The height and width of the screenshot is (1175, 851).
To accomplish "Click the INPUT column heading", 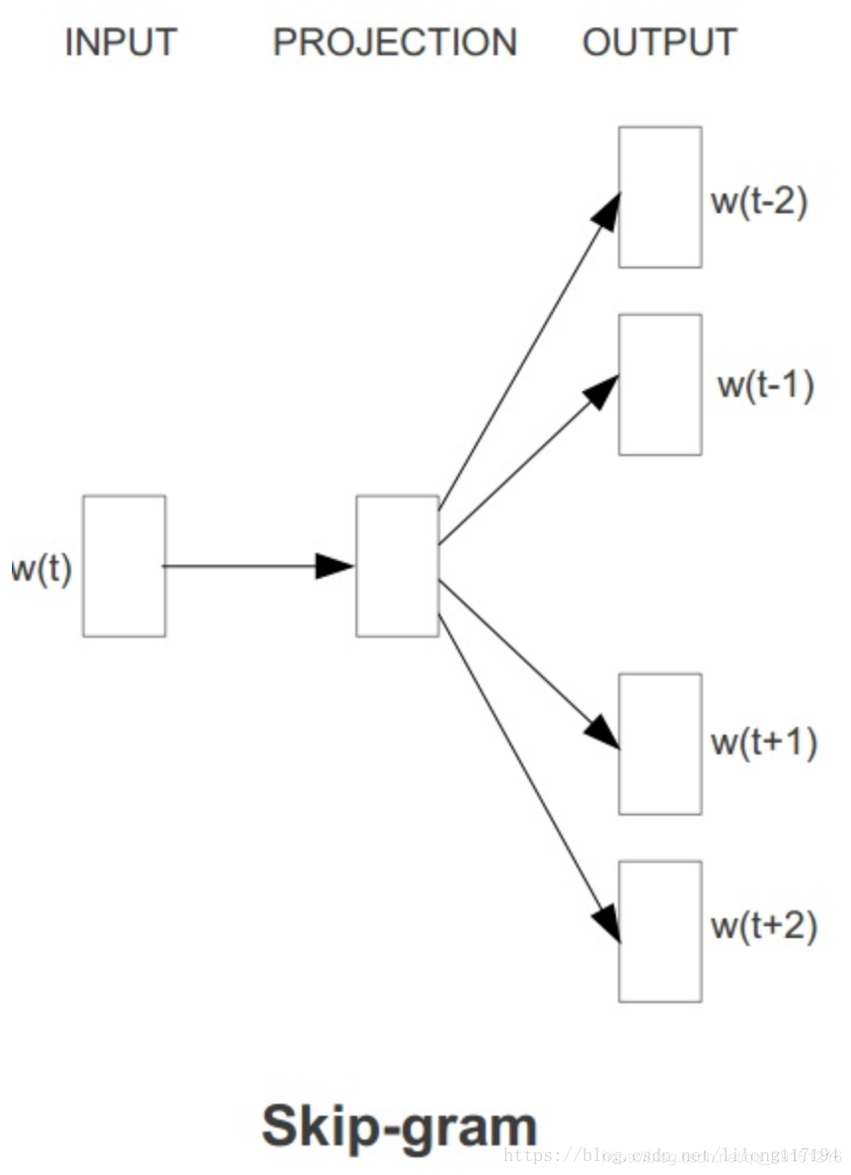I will (120, 42).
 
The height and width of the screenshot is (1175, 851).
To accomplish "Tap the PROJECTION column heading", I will (395, 42).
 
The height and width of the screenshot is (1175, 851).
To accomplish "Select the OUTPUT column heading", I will (659, 42).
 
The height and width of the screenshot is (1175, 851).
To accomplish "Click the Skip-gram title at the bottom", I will (399, 1127).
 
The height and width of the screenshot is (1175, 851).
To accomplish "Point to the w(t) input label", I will (41, 570).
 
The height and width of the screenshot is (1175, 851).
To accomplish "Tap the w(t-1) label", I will (765, 385).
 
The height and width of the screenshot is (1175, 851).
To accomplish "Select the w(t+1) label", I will (764, 743).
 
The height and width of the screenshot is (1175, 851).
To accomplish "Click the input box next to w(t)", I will (124, 566).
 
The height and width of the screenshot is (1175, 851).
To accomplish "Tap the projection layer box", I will (397, 566).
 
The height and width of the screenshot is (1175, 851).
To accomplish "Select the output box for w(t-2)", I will (659, 196).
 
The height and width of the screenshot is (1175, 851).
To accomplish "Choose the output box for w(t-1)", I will (659, 384).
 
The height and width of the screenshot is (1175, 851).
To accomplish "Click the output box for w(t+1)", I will (659, 744).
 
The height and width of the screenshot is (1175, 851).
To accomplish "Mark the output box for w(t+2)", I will (659, 931).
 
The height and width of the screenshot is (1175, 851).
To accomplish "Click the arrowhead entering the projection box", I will (336, 566).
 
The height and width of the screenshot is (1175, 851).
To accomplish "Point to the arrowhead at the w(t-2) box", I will (608, 210).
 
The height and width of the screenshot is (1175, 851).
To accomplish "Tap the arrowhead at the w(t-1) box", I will (602, 391).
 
